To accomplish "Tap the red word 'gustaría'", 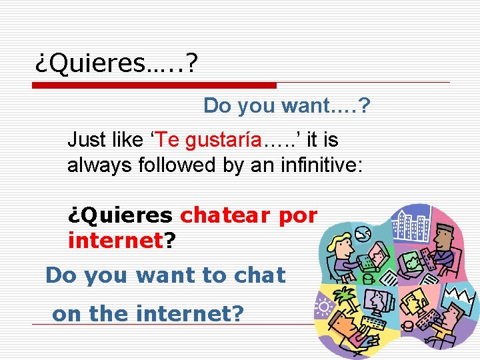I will click(x=223, y=140).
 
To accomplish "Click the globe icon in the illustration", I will click(x=363, y=233).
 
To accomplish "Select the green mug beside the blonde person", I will click(x=366, y=279).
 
